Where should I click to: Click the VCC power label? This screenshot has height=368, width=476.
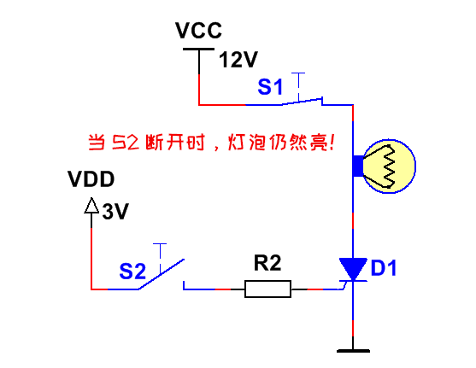pos(198,31)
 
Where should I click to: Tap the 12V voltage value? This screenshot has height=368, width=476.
pos(238,60)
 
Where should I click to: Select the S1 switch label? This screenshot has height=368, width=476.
pos(270,86)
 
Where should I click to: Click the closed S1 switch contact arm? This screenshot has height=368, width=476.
pos(302,102)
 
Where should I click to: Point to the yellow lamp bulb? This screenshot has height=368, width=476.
pos(389,166)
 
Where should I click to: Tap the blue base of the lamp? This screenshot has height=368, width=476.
pos(358,166)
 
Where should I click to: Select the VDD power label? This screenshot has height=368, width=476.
pos(91,179)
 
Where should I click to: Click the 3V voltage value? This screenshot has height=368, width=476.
pos(115,211)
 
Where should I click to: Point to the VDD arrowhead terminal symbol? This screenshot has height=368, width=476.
pos(91,206)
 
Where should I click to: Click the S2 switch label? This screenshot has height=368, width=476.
pos(132,271)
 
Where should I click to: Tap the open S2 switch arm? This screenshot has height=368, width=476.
pos(162,274)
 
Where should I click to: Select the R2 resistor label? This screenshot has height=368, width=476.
pos(267,263)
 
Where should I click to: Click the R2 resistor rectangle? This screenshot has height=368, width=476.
pos(267,289)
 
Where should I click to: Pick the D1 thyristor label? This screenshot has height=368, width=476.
pos(384,268)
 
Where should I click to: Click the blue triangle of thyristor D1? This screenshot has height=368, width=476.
pos(353,268)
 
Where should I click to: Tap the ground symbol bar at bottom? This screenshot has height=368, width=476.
pos(353,351)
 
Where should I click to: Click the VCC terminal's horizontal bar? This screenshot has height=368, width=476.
pos(198,49)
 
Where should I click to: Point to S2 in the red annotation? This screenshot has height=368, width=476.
pos(126,143)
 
